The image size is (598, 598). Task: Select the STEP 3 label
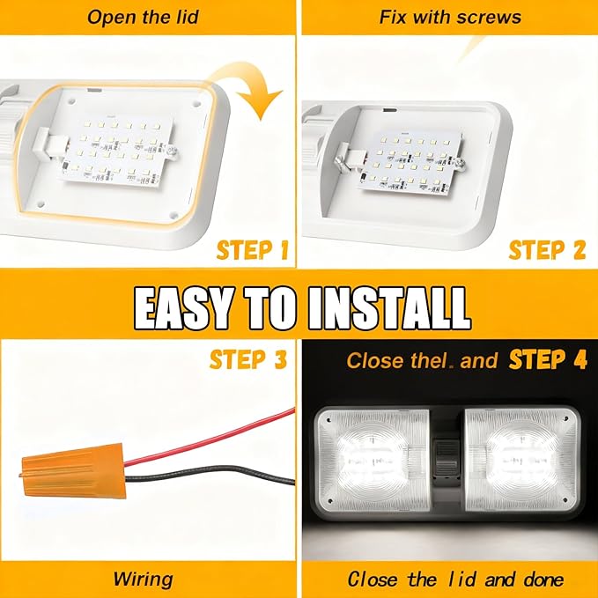pos(248,359)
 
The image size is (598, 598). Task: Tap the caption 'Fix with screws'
pos(450,17)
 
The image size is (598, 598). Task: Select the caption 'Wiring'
pos(143,579)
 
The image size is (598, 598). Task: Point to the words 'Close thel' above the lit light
pos(388,360)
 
